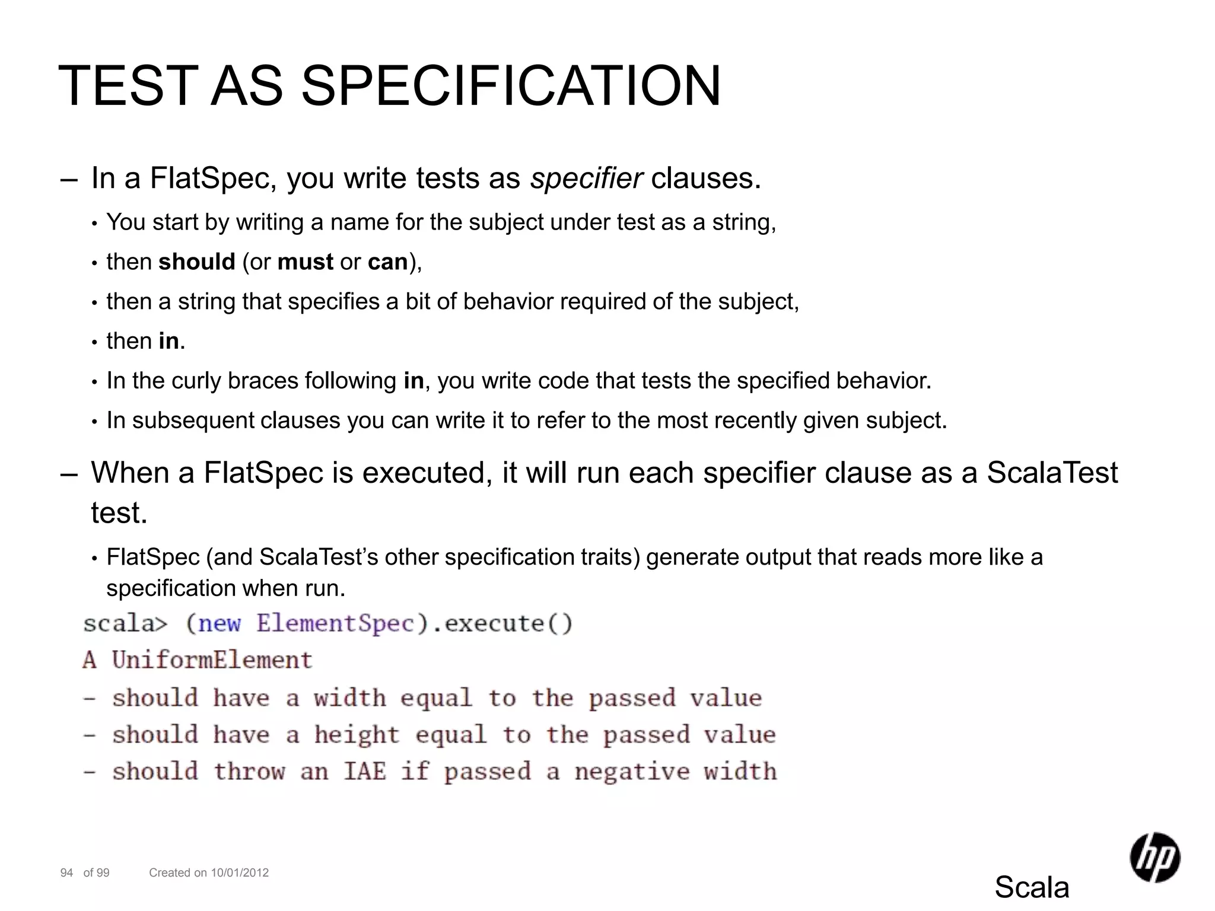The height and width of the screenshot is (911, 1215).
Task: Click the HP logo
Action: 1154,857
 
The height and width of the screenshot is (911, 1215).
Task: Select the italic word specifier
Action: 586,178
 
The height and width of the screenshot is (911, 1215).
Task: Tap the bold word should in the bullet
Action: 197,262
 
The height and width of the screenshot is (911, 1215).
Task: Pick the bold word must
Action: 305,262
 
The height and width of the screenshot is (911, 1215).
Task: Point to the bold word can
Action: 387,262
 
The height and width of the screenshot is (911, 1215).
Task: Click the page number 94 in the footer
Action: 66,872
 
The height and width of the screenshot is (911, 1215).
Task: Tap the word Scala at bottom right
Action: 1032,887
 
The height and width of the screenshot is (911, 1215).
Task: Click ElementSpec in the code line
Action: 335,623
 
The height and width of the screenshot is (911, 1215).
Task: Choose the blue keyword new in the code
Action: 220,623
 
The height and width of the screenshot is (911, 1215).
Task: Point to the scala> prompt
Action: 125,623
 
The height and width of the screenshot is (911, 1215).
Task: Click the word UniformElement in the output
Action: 212,660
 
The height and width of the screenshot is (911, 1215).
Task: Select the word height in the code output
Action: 357,735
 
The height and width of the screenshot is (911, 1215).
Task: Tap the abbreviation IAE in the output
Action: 365,772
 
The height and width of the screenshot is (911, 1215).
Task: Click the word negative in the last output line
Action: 632,772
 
